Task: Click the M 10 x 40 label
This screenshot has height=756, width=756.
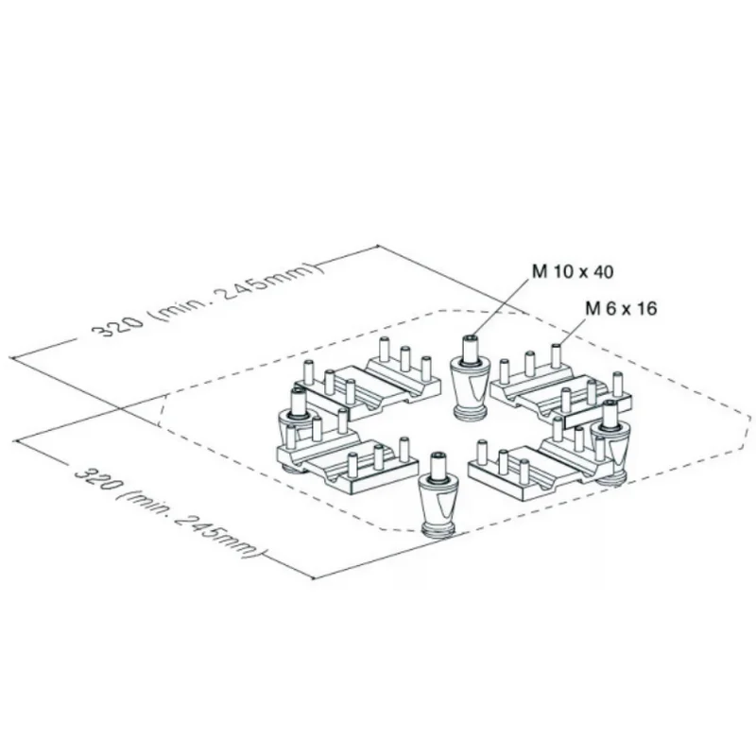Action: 572,272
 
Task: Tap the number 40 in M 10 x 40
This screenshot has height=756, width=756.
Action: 603,272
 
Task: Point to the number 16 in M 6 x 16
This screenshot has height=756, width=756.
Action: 646,308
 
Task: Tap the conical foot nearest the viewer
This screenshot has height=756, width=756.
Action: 437,501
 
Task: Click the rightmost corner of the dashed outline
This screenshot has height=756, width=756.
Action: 750,417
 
